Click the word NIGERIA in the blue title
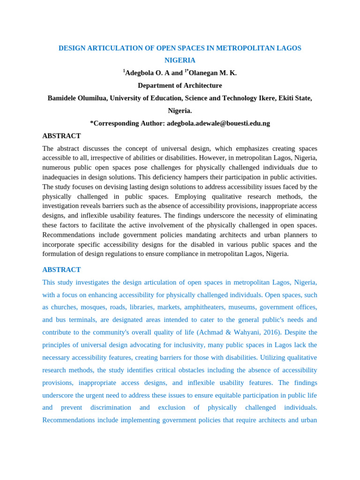coord(180,60)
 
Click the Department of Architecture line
coord(180,86)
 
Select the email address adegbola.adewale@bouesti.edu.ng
coord(218,123)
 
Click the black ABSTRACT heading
coord(61,136)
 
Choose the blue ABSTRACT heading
coord(61,270)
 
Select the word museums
coord(242,307)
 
